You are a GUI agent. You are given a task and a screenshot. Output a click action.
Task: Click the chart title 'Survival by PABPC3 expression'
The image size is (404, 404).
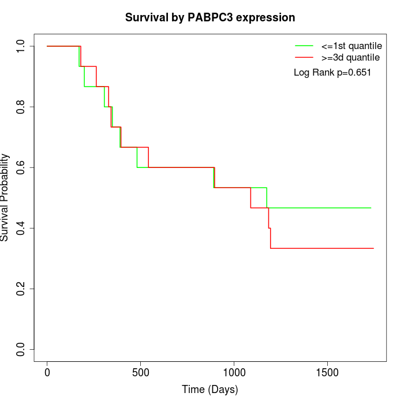(x=210, y=17)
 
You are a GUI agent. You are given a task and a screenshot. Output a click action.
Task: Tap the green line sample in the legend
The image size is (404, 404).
(x=304, y=45)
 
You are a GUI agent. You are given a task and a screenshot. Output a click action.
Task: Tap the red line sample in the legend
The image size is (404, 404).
(x=304, y=58)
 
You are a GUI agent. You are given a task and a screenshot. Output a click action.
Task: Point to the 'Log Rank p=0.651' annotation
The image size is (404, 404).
(x=332, y=73)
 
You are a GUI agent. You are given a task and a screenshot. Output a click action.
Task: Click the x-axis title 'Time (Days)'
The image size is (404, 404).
(x=210, y=390)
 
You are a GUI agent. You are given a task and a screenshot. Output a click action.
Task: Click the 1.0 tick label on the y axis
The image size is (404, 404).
(x=21, y=46)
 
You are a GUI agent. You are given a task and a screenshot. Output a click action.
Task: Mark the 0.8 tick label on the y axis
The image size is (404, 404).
(x=21, y=107)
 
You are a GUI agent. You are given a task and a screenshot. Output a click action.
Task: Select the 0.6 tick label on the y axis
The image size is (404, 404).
(x=21, y=167)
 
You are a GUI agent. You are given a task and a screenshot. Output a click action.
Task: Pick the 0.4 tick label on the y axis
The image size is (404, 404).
(x=21, y=228)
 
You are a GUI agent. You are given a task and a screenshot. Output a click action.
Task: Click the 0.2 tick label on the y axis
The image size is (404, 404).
(x=21, y=289)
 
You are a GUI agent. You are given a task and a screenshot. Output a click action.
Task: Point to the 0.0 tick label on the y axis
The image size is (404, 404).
(x=21, y=349)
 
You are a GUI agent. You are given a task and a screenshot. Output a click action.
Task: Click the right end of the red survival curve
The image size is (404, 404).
(x=373, y=248)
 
